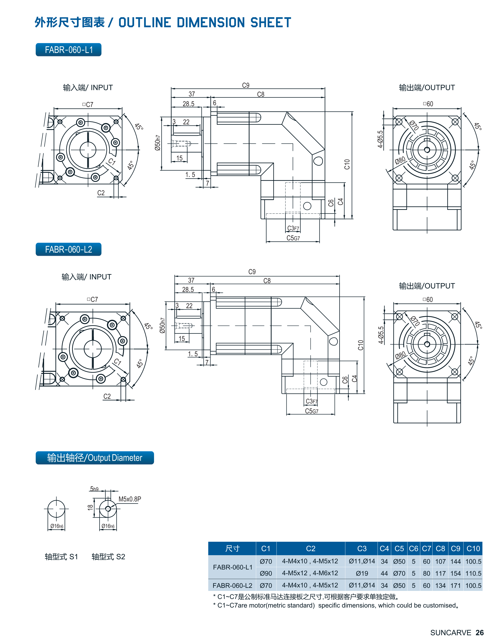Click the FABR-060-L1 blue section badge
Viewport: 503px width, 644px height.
68,50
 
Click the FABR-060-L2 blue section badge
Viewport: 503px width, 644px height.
68,250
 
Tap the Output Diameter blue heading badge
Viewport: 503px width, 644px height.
95,458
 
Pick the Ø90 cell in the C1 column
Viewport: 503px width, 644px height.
266,573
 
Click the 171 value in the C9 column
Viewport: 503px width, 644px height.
455,586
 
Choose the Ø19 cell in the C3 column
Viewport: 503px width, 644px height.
362,573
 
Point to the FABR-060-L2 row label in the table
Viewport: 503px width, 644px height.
232,586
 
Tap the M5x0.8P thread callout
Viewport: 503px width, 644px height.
130,499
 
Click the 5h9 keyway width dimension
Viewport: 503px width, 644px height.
94,489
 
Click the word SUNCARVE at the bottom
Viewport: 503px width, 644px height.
451,632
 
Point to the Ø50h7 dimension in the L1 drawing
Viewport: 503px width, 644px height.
158,143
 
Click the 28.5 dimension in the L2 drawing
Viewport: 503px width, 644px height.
188,290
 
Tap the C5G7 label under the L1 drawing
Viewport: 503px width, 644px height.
293,238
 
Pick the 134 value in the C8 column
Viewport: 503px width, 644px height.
440,586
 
